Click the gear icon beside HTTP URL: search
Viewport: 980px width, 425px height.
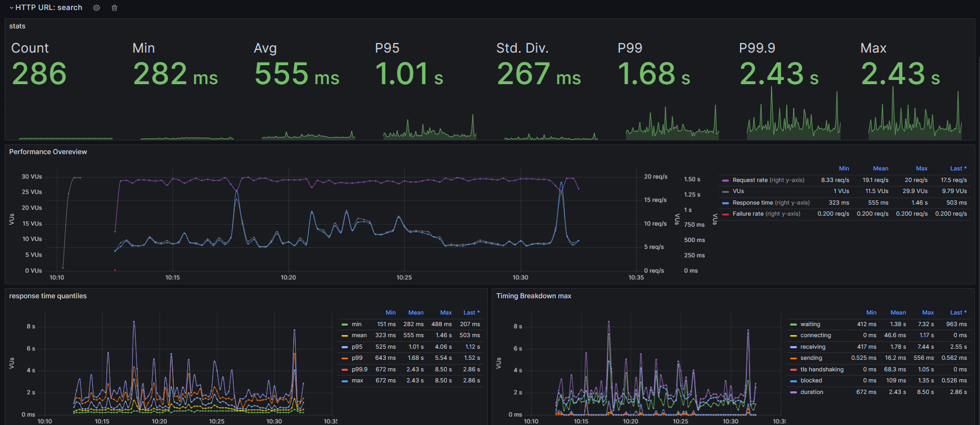pos(96,8)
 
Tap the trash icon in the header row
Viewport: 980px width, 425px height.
pos(114,8)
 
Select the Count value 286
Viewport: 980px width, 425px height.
pos(39,74)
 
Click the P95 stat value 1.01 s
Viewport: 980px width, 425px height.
pos(409,74)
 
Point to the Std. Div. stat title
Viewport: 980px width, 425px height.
pos(522,48)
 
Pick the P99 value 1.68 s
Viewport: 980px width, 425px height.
pos(654,74)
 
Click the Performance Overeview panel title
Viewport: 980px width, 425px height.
pos(48,152)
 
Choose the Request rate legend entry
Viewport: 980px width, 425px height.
pos(768,180)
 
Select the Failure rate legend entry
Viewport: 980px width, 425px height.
pos(766,214)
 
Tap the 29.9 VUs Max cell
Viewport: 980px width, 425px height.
pos(915,191)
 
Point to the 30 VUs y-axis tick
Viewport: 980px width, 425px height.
pos(32,177)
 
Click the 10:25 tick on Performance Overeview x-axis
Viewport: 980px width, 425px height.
pos(404,277)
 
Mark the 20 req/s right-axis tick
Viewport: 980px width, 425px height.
pos(656,177)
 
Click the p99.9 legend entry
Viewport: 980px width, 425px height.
pos(359,369)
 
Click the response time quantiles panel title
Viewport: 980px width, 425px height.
pos(48,296)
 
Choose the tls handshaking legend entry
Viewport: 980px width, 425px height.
pos(822,369)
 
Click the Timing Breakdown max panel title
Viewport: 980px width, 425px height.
pos(534,296)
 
